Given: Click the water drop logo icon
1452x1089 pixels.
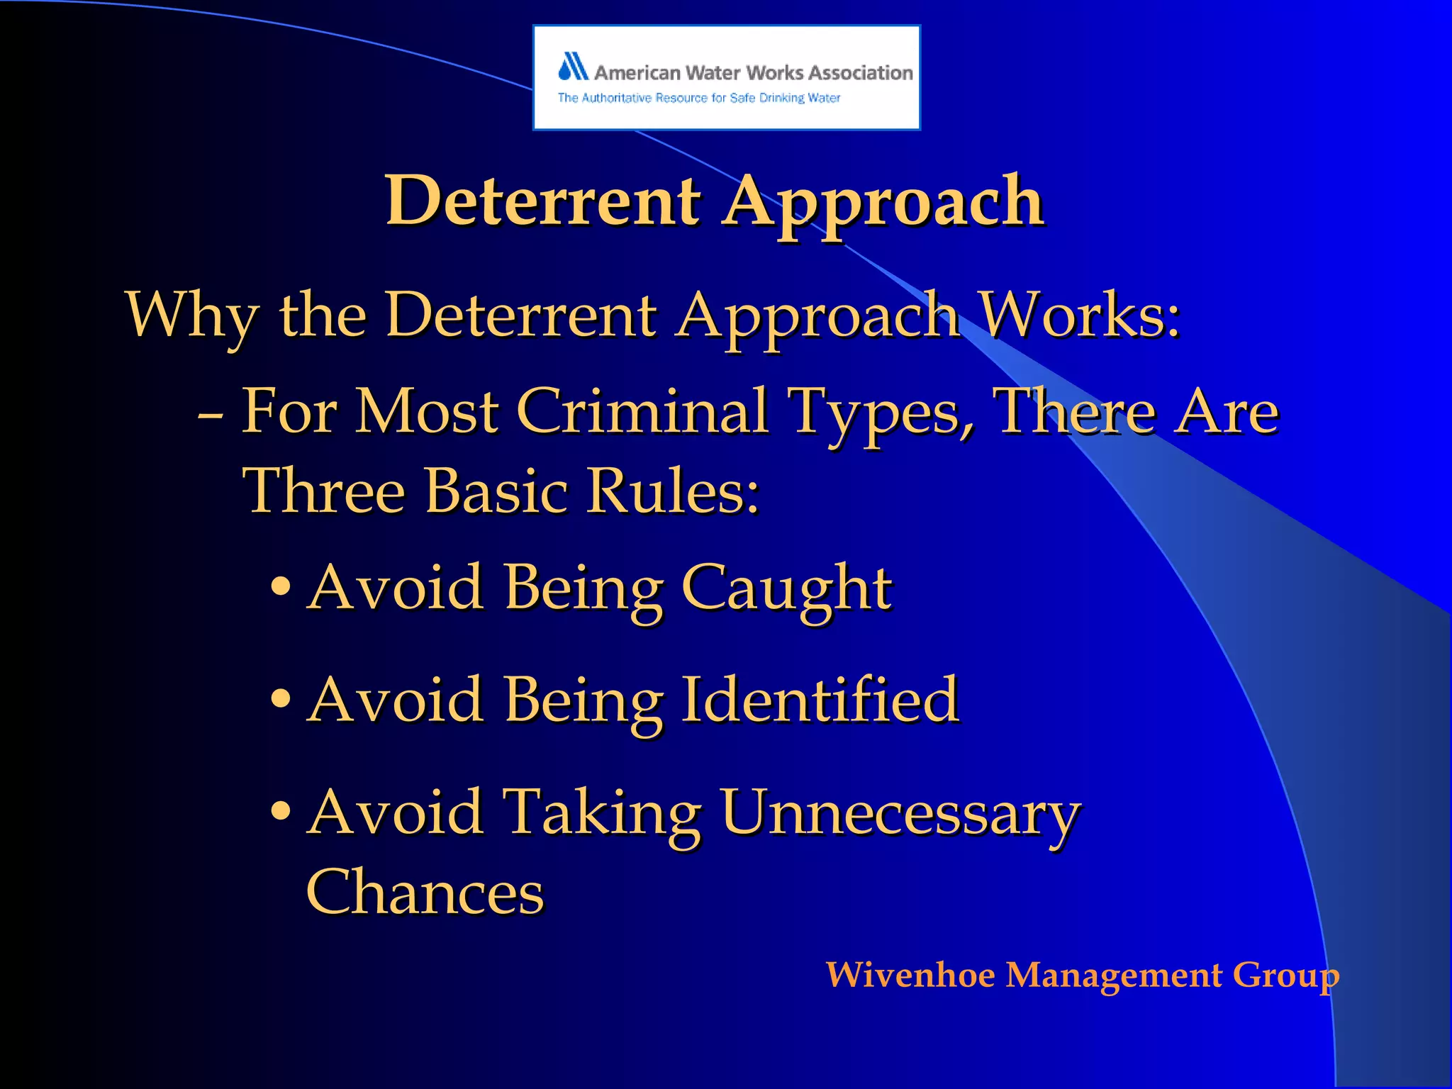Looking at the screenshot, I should [x=573, y=67].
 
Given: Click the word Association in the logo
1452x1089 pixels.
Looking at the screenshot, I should [x=860, y=73].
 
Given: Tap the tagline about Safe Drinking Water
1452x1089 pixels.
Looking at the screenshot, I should [x=698, y=98].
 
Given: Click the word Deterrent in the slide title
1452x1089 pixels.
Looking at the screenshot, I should [x=543, y=201].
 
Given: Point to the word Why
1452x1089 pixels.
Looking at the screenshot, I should [x=191, y=315].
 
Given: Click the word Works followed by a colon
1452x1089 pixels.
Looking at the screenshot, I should [x=1080, y=315].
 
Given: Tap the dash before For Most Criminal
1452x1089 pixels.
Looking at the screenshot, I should [x=211, y=413].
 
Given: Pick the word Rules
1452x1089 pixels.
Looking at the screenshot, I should [x=671, y=491].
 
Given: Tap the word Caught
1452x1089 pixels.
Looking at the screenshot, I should [x=786, y=588].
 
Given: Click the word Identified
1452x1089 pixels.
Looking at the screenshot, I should [x=820, y=700].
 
